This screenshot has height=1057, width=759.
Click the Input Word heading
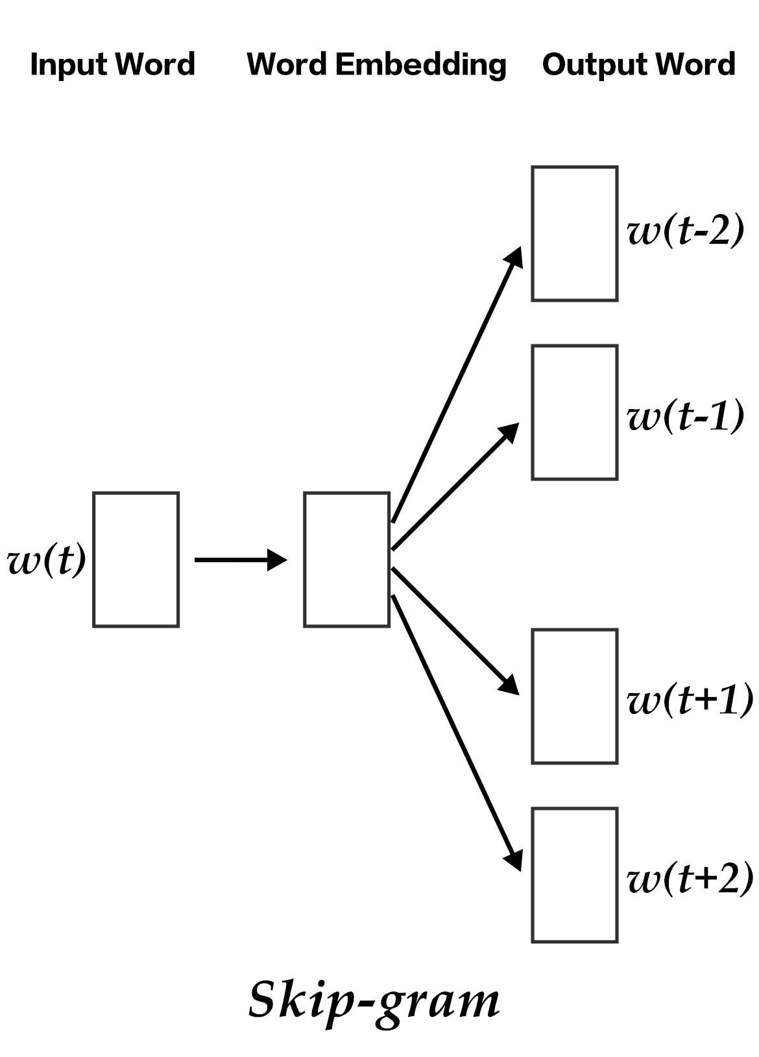pyautogui.click(x=112, y=64)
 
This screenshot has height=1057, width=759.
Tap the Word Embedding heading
pyautogui.click(x=376, y=64)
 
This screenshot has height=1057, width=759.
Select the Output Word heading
pyautogui.click(x=638, y=64)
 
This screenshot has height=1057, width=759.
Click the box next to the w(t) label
pyautogui.click(x=136, y=560)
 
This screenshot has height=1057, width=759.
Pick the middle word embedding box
pyautogui.click(x=347, y=560)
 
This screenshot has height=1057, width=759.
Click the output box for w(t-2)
pyautogui.click(x=574, y=233)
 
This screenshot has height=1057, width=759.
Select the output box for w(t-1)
pyautogui.click(x=574, y=412)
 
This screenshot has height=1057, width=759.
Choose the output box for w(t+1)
pyautogui.click(x=574, y=696)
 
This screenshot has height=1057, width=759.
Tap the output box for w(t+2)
pyautogui.click(x=574, y=875)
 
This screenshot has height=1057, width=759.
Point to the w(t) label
pyautogui.click(x=47, y=560)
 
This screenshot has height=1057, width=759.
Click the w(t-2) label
pyautogui.click(x=685, y=231)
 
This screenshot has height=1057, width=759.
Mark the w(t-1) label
pyautogui.click(x=685, y=416)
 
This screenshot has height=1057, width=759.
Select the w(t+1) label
pyautogui.click(x=690, y=699)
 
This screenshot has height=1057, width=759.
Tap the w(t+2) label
pyautogui.click(x=690, y=879)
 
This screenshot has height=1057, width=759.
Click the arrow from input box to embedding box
pyautogui.click(x=240, y=560)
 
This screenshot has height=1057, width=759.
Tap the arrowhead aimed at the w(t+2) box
pyautogui.click(x=514, y=860)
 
